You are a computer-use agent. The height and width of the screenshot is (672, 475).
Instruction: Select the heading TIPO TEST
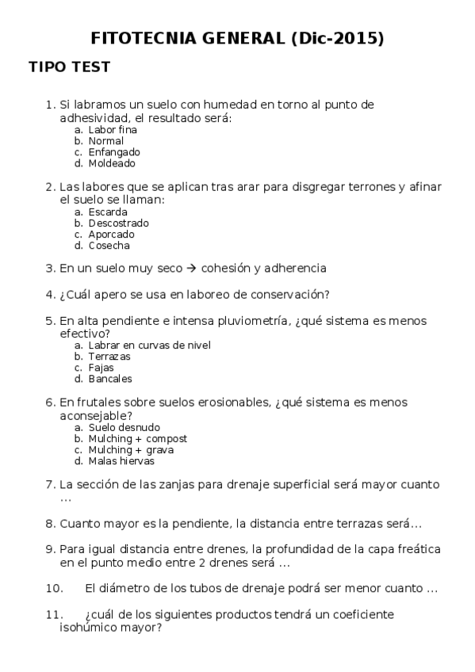[x=69, y=67]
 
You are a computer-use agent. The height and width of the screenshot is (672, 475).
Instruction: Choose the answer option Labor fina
[x=113, y=130]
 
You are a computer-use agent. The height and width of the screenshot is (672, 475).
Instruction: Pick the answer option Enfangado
[x=114, y=152]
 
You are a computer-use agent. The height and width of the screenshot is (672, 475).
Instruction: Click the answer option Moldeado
[x=112, y=163]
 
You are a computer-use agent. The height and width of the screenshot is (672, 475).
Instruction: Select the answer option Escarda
[x=108, y=212]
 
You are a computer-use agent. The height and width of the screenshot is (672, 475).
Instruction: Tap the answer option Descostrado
[x=118, y=223]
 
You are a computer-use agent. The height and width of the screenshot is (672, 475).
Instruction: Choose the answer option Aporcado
[x=111, y=235]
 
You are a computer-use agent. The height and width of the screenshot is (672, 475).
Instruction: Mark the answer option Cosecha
[x=109, y=246]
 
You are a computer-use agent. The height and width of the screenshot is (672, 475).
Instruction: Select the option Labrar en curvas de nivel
[x=149, y=346]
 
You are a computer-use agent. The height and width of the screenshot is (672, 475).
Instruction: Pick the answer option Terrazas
[x=109, y=357]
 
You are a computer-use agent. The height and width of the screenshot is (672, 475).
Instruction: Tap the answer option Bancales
[x=110, y=379]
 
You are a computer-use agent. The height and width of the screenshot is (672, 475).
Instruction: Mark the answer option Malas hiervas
[x=121, y=461]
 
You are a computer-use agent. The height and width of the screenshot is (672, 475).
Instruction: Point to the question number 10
[x=54, y=589]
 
